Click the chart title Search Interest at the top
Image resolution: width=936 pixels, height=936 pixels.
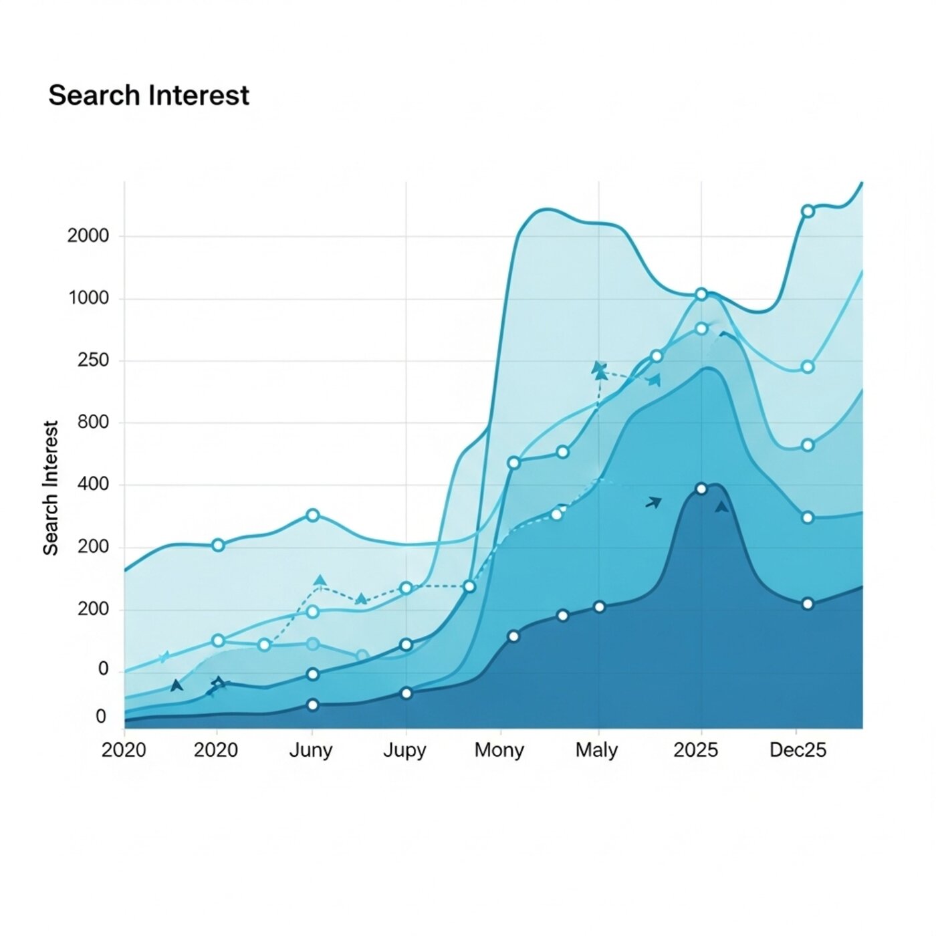pyautogui.click(x=148, y=96)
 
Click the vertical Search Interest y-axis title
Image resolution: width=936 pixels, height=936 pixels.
pyautogui.click(x=51, y=487)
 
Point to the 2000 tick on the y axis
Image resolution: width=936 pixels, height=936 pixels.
pyautogui.click(x=88, y=236)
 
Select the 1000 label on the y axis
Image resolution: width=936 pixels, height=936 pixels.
pyautogui.click(x=88, y=298)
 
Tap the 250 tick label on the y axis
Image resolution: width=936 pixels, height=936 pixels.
pyautogui.click(x=94, y=360)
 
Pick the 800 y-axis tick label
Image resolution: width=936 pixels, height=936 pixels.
pyautogui.click(x=94, y=423)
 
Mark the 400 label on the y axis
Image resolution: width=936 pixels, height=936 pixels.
pyautogui.click(x=94, y=484)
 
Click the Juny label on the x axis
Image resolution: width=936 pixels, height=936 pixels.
pyautogui.click(x=311, y=750)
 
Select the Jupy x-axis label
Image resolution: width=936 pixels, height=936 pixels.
pyautogui.click(x=404, y=750)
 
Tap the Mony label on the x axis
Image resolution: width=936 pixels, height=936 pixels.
pyautogui.click(x=499, y=750)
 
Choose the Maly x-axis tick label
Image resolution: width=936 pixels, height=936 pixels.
pyautogui.click(x=597, y=750)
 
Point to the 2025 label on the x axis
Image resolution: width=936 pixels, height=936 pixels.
pyautogui.click(x=695, y=750)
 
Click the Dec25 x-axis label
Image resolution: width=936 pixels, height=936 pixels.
pyautogui.click(x=798, y=750)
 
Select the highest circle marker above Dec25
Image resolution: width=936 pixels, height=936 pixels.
pyautogui.click(x=808, y=211)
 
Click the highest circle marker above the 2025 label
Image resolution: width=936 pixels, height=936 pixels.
pyautogui.click(x=701, y=294)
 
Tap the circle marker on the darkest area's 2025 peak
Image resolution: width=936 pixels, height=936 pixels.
pyautogui.click(x=701, y=489)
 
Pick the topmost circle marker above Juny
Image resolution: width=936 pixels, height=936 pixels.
pyautogui.click(x=312, y=515)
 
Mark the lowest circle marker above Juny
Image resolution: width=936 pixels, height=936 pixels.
pyautogui.click(x=312, y=705)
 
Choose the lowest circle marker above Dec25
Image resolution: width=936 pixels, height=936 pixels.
pyautogui.click(x=808, y=604)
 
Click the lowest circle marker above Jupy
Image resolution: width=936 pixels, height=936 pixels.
pyautogui.click(x=406, y=693)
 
